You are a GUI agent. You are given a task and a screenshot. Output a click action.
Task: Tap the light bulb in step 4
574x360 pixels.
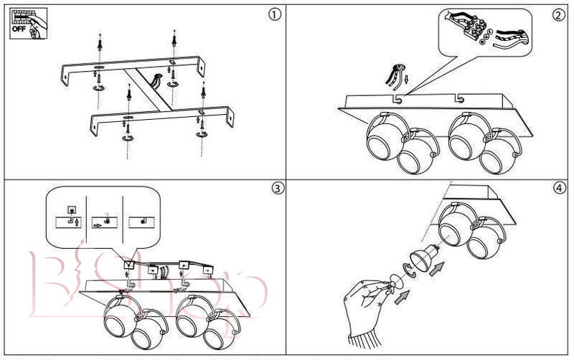423,257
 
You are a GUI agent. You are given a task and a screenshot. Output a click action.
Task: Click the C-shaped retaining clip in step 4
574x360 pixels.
407,270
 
